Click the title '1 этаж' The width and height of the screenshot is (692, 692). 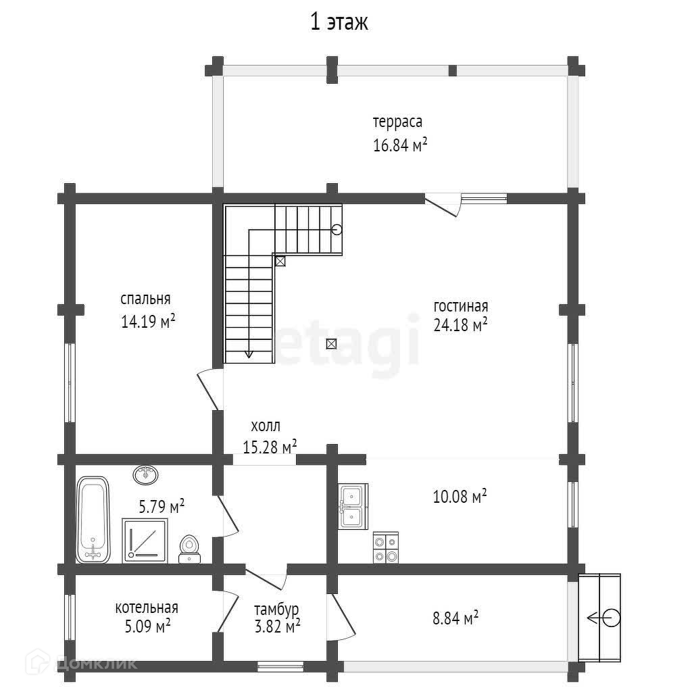pos(339,22)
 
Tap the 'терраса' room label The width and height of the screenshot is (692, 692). pos(397,122)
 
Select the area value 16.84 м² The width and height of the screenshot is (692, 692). pos(400,145)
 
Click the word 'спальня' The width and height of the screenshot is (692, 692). pos(145,299)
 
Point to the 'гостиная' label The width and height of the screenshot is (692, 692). pos(461,306)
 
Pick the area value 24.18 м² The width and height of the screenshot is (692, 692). pos(460,325)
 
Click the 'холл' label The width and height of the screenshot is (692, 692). pos(266,426)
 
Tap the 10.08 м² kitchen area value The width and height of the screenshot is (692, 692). pos(460,496)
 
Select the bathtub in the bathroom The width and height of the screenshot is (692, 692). pos(93,520)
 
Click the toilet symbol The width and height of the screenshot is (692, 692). pos(189,549)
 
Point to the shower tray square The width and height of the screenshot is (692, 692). pos(145,541)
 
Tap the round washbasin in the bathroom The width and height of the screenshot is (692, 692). pos(146,475)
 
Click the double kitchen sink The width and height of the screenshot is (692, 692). pos(353,506)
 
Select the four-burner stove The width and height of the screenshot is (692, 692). pos(386,547)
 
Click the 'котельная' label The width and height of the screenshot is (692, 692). pos(147,608)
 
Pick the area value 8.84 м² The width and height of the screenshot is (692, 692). pos(455,618)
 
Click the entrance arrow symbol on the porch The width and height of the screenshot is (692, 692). pos(603,618)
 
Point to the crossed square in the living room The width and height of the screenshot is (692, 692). pos(331,343)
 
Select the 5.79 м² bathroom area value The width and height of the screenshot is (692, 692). pos(162,505)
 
